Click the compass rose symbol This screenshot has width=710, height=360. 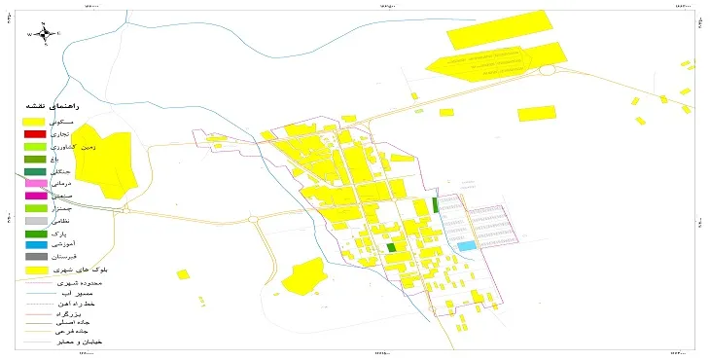(45, 33)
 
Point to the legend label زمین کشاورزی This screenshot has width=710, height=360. (78, 145)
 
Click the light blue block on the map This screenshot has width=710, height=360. (468, 245)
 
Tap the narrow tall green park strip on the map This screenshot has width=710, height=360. (434, 205)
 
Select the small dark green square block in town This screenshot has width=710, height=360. (391, 248)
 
